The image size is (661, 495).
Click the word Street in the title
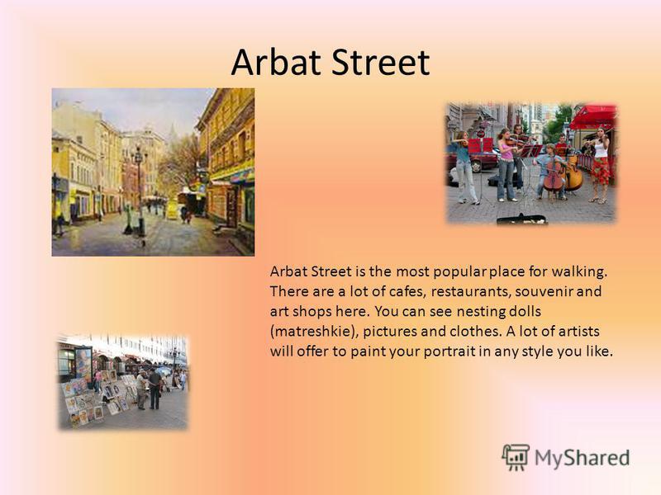pos(380,62)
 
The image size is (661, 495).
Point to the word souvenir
pos(544,291)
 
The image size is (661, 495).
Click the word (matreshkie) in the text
pos(314,332)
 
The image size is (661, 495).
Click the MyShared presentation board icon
pos(516,457)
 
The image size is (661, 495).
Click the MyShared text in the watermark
pos(582,458)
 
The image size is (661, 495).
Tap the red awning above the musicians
pos(592,117)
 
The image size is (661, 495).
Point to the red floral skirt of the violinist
pos(600,171)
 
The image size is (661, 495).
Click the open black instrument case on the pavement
pos(522,219)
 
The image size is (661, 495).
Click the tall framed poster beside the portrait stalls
pos(83,363)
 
